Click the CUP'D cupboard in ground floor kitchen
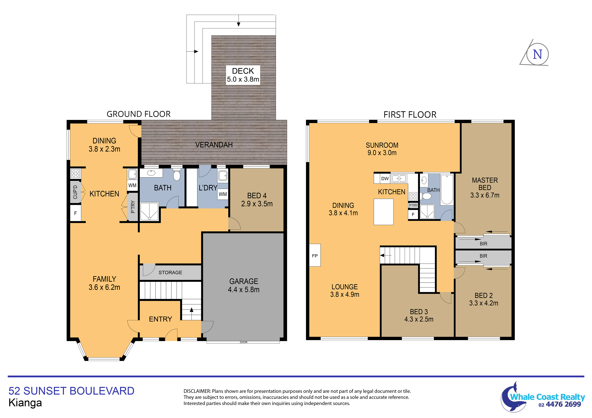point(75,192)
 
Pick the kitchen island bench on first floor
point(383,212)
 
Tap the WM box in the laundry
point(223,194)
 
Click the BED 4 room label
point(257,200)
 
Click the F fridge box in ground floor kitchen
point(76,213)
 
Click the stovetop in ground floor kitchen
point(76,173)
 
